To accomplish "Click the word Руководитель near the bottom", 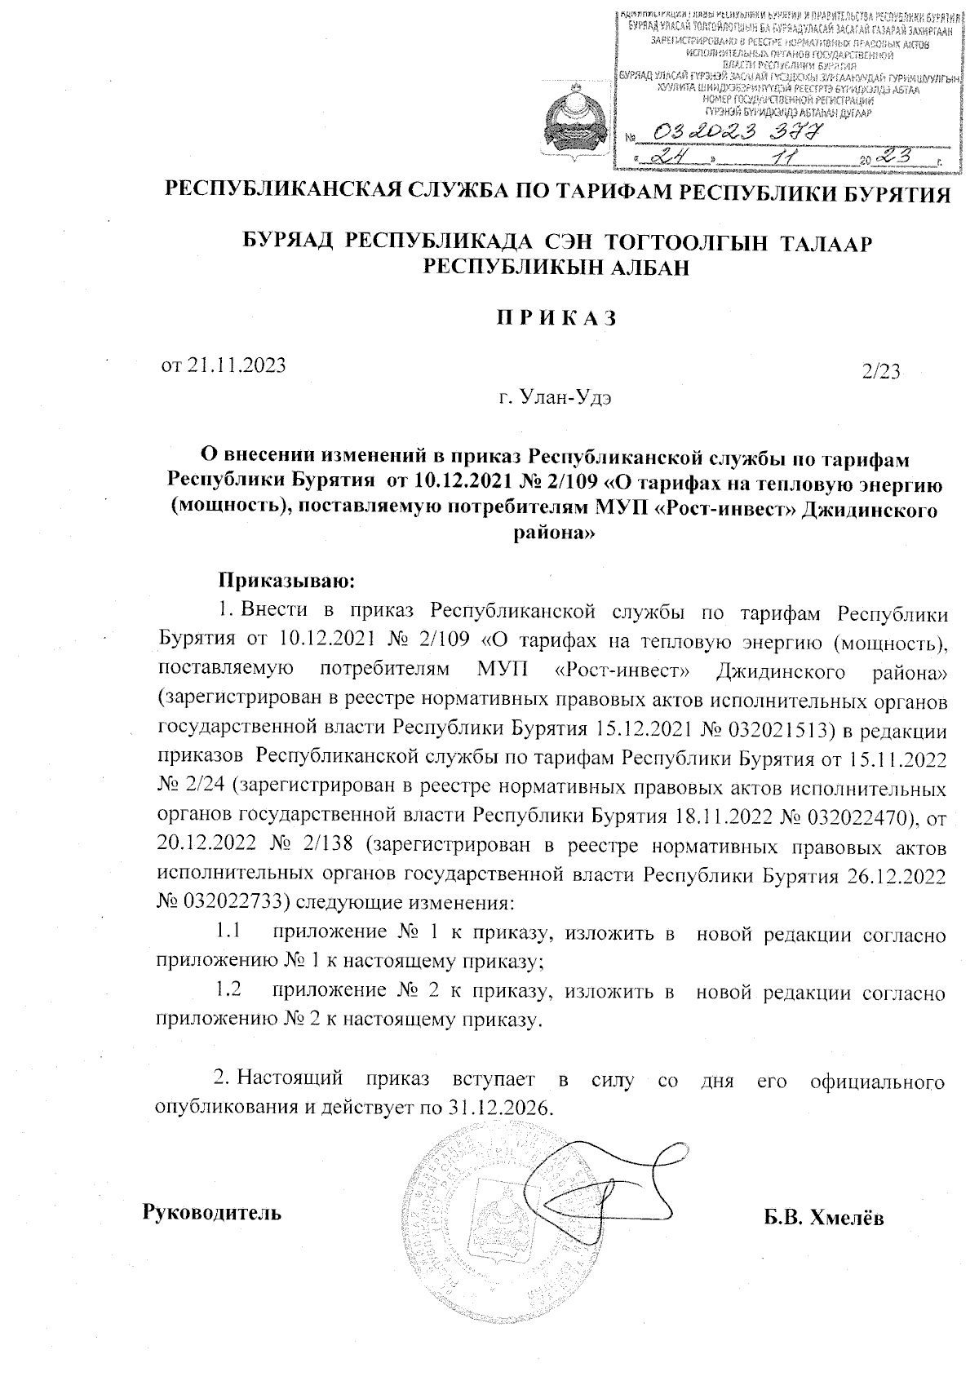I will click(213, 1211).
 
